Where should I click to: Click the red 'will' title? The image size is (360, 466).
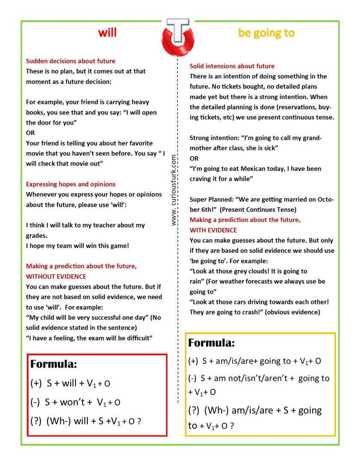point(107,33)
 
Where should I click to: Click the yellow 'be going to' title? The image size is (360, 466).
point(266,33)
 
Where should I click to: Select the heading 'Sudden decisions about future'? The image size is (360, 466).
point(71,61)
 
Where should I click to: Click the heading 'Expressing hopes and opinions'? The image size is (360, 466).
point(71,184)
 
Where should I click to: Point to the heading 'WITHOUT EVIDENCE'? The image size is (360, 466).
point(56,277)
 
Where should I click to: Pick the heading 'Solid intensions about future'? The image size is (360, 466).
point(232,66)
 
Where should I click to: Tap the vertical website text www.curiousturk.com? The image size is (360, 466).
point(174,190)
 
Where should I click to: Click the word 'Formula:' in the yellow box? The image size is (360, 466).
point(211,343)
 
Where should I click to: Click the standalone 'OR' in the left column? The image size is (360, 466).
point(30,133)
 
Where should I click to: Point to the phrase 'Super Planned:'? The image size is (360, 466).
point(211,199)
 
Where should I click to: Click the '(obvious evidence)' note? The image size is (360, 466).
point(293,312)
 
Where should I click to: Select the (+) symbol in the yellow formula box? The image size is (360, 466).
point(194,361)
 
